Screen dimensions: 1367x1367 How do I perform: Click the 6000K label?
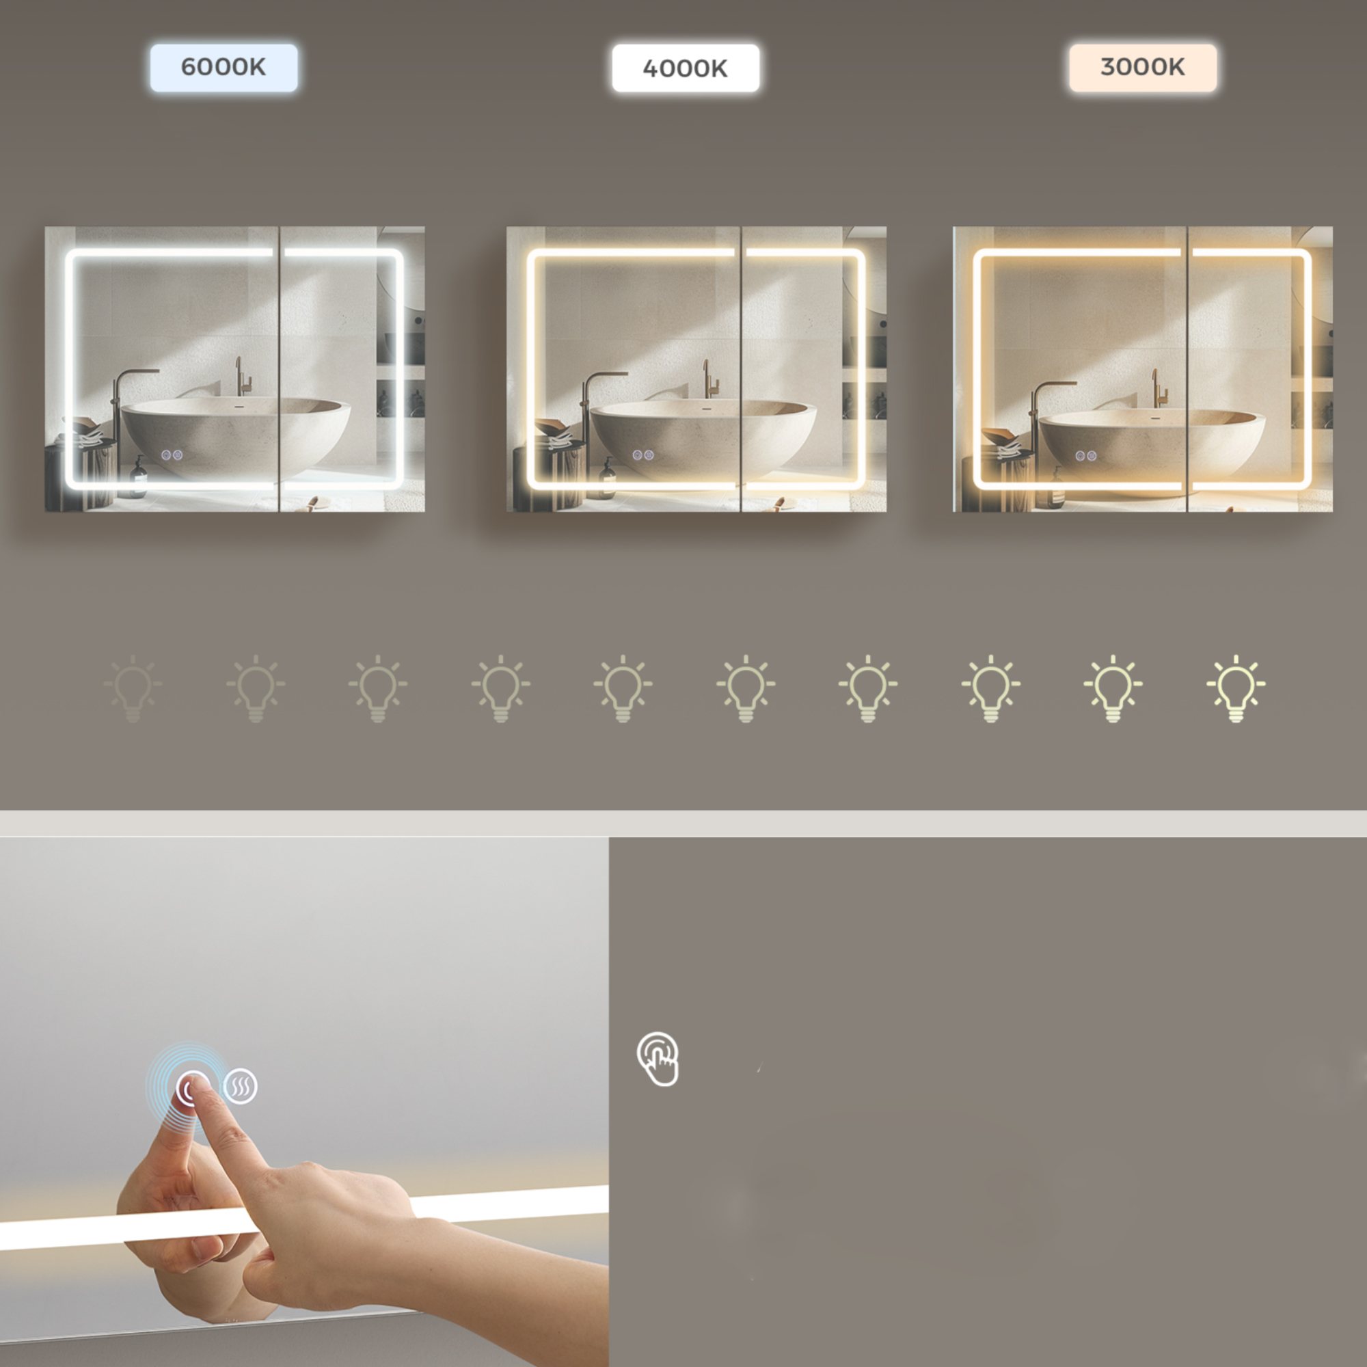224,67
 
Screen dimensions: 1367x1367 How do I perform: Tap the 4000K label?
685,68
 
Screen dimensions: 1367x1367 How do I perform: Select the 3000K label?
1143,67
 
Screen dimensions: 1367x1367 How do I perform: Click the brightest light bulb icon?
1235,688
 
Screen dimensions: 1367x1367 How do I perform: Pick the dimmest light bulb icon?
133,688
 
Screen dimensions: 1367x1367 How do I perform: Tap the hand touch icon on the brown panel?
658,1059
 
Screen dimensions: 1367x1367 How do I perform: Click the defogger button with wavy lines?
241,1086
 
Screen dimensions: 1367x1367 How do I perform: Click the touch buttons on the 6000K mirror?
172,455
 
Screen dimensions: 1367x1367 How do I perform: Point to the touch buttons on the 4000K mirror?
642,455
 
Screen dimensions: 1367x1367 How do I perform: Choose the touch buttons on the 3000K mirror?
1086,456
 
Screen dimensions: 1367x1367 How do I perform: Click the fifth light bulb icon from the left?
623,688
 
